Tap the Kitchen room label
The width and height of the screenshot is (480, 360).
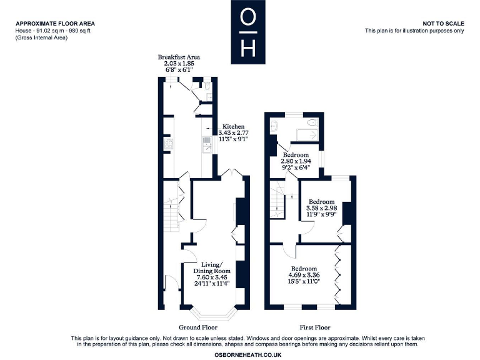coord(234,126)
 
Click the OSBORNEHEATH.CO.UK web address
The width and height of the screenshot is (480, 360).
coord(240,354)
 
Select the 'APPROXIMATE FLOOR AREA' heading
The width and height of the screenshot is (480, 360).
coord(56,24)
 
